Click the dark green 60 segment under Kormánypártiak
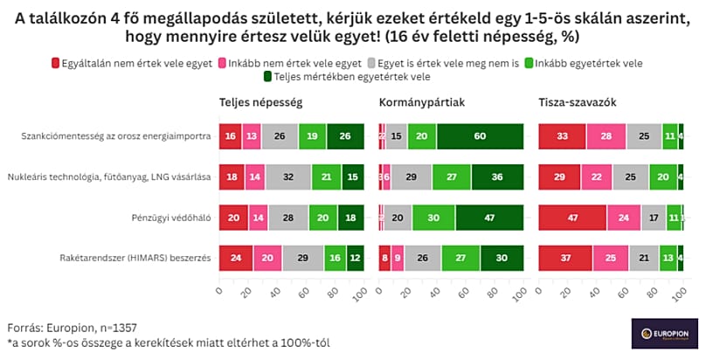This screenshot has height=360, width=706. pyautogui.click(x=480, y=137)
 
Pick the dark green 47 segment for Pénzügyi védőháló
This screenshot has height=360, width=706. pyautogui.click(x=488, y=218)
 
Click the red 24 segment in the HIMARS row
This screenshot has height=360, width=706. pyautogui.click(x=236, y=259)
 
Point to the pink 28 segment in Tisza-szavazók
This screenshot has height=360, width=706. pyautogui.click(x=606, y=137)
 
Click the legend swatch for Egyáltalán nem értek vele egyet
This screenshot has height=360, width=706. pyautogui.click(x=56, y=63)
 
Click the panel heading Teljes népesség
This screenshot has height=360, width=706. pyautogui.click(x=260, y=102)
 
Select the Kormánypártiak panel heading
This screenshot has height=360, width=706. pyautogui.click(x=422, y=102)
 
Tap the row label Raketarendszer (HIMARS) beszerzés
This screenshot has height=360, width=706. pyautogui.click(x=141, y=259)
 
